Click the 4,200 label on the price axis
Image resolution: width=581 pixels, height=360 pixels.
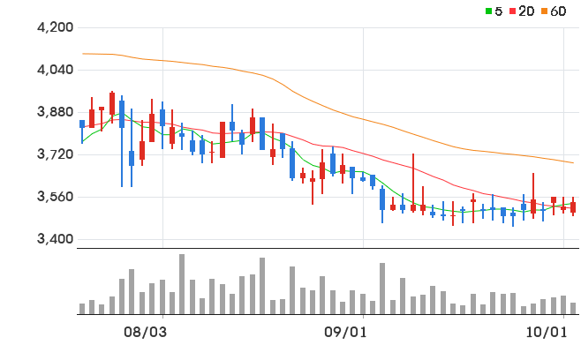[56, 27]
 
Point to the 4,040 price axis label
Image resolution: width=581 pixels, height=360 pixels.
[56, 70]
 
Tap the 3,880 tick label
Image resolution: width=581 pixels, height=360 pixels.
[56, 112]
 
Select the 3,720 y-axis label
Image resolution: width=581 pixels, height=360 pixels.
[56, 154]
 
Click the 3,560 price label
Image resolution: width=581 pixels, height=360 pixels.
[56, 197]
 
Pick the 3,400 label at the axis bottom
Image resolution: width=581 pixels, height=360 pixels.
[56, 239]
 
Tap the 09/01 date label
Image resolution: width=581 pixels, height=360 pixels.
[345, 333]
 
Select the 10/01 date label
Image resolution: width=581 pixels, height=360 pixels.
[547, 333]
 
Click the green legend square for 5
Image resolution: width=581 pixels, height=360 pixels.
[489, 11]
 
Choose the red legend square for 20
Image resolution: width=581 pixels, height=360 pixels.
[513, 11]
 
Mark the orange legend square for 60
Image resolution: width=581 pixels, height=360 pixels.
[544, 11]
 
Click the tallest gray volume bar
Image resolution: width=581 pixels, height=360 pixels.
[182, 284]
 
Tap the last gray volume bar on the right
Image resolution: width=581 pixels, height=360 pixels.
[573, 309]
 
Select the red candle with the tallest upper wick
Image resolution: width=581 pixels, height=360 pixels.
[413, 183]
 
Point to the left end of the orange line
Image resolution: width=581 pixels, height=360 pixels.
[83, 54]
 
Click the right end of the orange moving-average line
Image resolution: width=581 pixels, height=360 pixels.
[573, 162]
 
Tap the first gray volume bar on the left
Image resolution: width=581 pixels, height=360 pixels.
[82, 309]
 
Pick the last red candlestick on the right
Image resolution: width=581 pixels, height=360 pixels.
[573, 207]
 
